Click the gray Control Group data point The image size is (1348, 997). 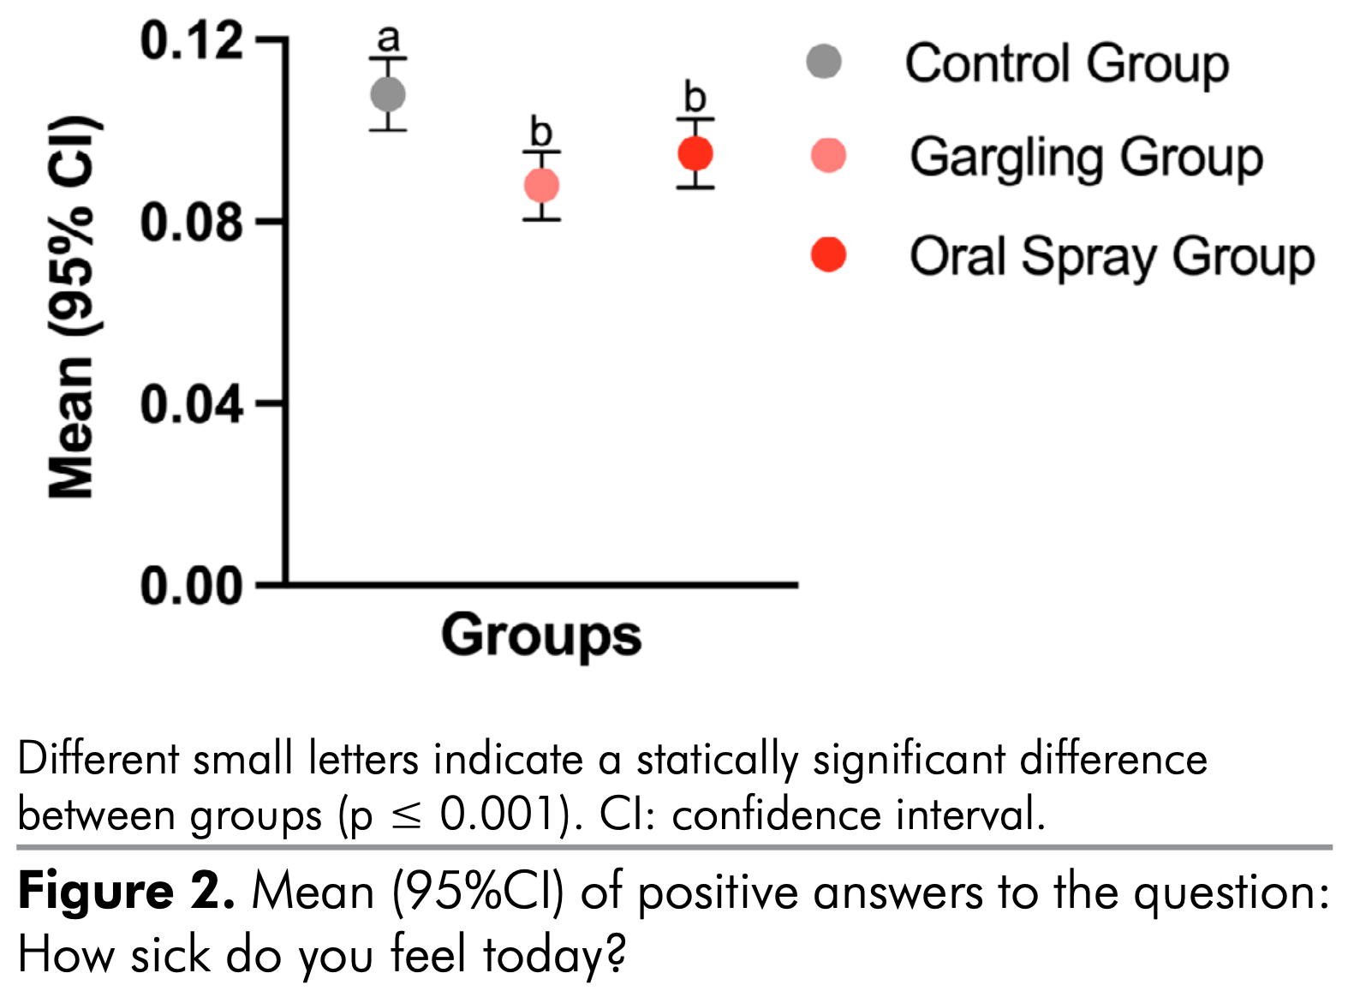388,94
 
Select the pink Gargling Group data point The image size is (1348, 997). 541,185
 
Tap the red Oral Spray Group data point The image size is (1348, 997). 695,154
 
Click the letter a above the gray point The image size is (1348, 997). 389,39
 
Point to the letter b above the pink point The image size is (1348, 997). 541,133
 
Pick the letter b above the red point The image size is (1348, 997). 695,98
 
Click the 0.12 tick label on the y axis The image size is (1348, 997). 192,40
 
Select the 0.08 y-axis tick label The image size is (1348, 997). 192,222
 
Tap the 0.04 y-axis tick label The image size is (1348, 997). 192,403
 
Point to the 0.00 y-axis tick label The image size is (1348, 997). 192,587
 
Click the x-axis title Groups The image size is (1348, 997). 541,636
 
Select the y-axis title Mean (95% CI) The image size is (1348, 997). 72,306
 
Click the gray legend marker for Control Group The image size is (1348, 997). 825,62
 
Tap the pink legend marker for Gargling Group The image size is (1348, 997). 828,156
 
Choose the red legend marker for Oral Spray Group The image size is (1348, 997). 828,254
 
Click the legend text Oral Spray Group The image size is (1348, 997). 1112,257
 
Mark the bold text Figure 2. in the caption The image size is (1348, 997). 126,892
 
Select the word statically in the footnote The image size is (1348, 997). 717,760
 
